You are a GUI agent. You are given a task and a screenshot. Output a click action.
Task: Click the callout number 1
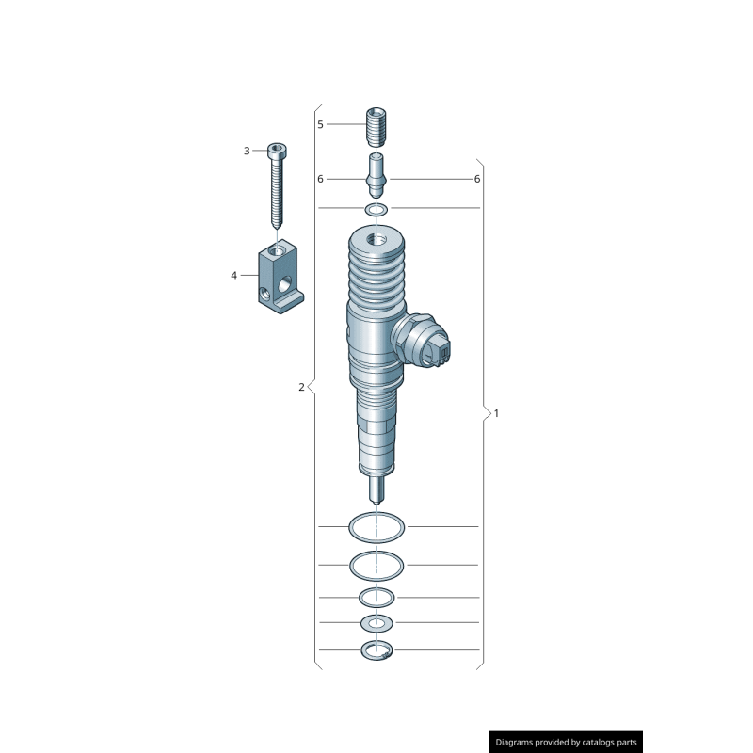click(x=496, y=413)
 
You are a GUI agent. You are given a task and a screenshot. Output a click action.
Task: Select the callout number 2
click(x=301, y=387)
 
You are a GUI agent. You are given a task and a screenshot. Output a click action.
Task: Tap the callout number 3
click(x=247, y=151)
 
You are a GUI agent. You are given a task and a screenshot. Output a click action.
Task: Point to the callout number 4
click(x=233, y=276)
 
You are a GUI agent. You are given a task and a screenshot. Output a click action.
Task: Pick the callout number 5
click(x=320, y=124)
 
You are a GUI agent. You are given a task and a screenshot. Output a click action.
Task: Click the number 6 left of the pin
click(x=320, y=179)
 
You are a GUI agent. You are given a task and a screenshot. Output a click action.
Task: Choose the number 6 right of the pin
click(x=477, y=179)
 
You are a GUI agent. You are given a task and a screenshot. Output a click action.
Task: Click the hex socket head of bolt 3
click(x=277, y=149)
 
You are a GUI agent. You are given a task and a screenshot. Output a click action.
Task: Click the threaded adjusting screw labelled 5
click(x=376, y=125)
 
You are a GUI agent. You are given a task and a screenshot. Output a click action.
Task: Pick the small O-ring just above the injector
click(x=376, y=208)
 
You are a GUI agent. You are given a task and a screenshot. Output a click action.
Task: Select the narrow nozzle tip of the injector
click(x=376, y=489)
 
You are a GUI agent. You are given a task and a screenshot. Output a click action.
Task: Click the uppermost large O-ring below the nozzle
click(x=376, y=526)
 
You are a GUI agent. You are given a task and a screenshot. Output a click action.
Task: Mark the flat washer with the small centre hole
click(x=377, y=623)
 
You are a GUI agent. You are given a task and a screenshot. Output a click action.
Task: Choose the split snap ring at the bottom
click(x=376, y=650)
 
